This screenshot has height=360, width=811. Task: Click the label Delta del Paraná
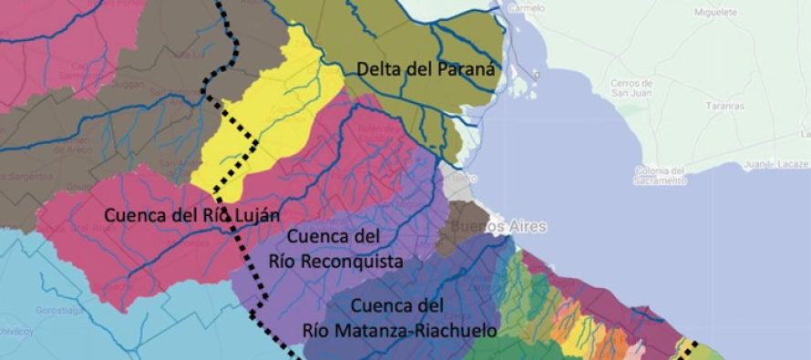click(425, 68)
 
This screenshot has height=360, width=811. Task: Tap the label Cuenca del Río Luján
click(191, 215)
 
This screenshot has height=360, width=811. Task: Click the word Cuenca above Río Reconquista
click(318, 237)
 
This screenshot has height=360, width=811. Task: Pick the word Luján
click(254, 215)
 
